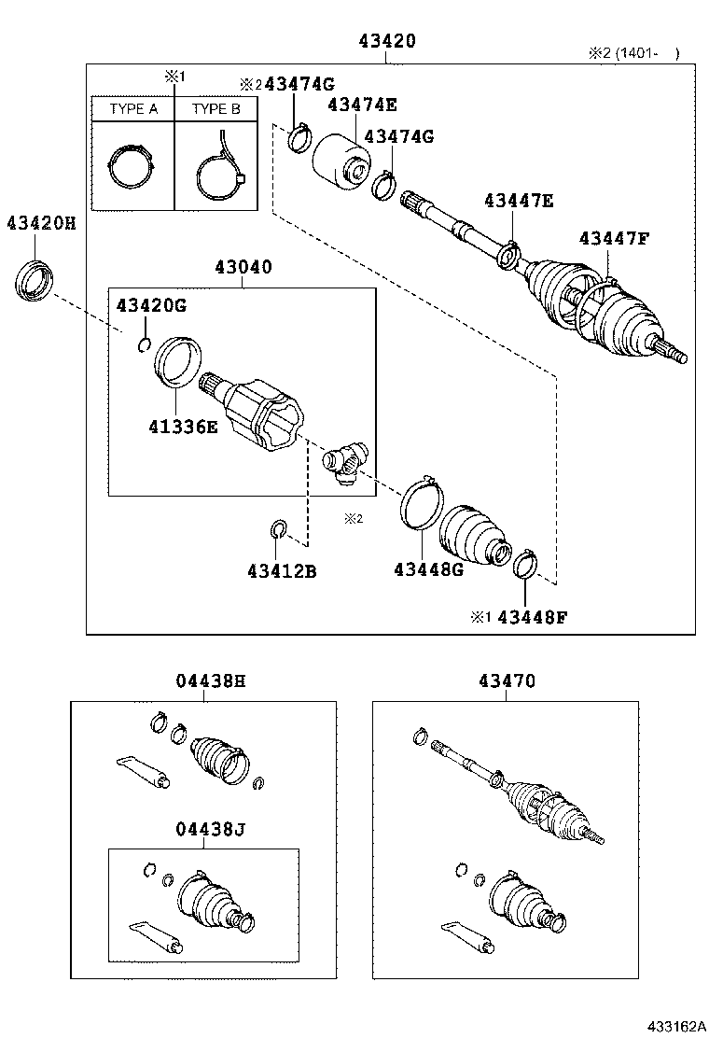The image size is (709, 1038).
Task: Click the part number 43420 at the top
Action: click(386, 41)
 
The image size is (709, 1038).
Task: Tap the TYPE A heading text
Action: click(133, 109)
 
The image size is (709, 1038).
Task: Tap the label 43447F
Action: click(613, 238)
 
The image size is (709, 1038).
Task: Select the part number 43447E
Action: click(519, 200)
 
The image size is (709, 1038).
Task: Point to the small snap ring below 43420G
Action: click(143, 346)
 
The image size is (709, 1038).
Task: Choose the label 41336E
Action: click(182, 427)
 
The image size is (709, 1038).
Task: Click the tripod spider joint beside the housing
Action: click(346, 462)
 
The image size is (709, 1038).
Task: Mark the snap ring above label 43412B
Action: click(278, 530)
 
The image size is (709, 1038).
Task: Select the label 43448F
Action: click(532, 617)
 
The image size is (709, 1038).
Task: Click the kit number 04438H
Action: click(210, 681)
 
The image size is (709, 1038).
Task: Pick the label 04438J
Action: click(210, 828)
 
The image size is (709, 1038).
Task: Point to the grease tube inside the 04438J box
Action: click(155, 936)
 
